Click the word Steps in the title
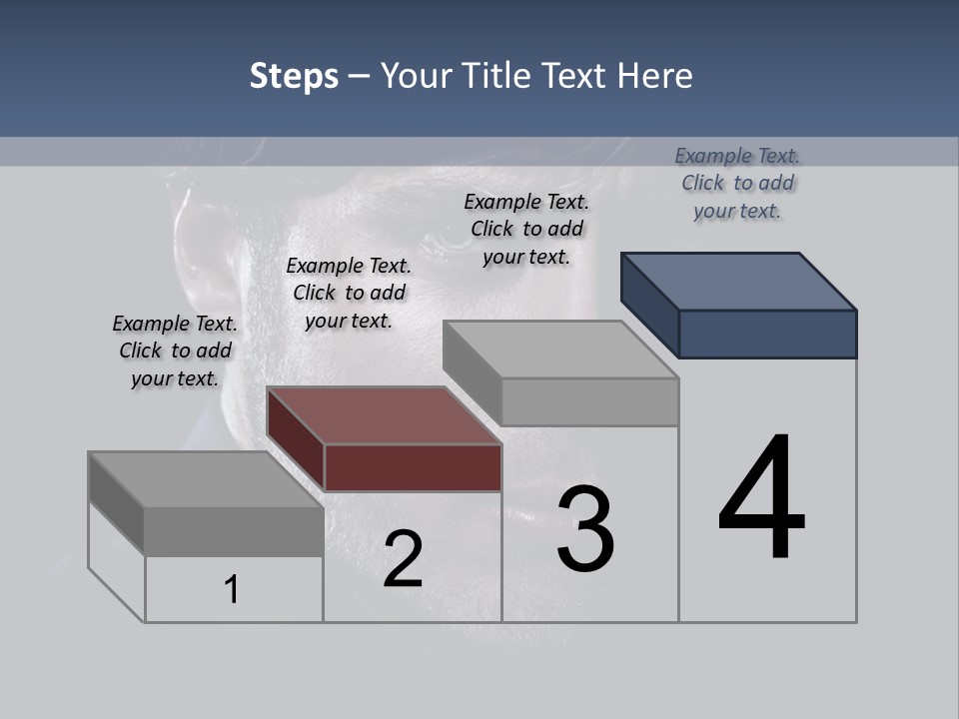click(294, 76)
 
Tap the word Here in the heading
click(655, 76)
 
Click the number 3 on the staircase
click(585, 529)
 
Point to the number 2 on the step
click(403, 559)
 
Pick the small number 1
click(232, 589)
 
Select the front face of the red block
click(413, 468)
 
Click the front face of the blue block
click(767, 334)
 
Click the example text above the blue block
click(737, 183)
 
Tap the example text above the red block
click(349, 293)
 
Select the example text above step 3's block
click(526, 229)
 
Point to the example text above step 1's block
click(175, 351)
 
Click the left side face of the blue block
click(649, 305)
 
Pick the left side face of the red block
click(296, 439)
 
